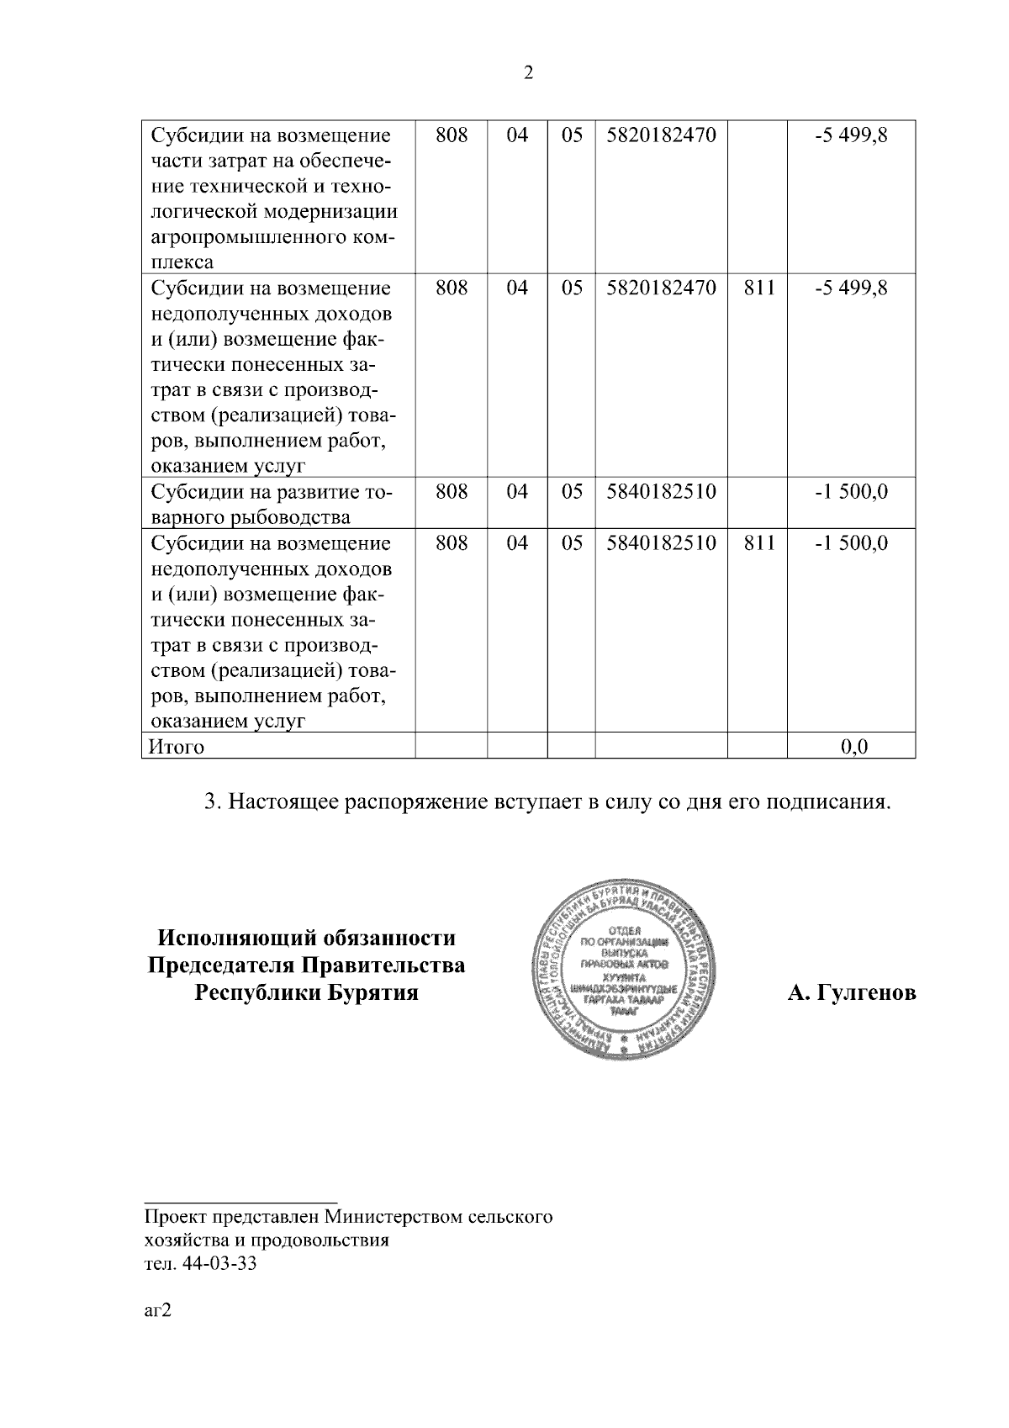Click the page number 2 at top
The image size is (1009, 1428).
[x=528, y=73]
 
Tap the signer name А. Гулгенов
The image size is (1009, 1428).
[x=851, y=993]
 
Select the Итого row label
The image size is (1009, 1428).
[x=177, y=746]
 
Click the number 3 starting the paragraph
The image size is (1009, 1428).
[x=211, y=801]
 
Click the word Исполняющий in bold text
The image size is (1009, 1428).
[x=234, y=937]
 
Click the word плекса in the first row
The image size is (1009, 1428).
[x=182, y=262]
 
